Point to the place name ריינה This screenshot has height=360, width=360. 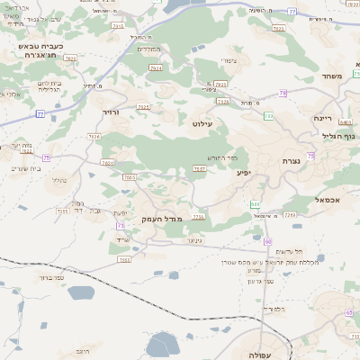tap(323, 118)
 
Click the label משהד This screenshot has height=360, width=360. tap(328, 76)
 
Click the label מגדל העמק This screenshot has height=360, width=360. tap(162, 219)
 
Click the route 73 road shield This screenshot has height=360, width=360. tap(121, 225)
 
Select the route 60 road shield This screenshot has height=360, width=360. tap(267, 242)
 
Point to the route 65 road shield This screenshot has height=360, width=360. tap(349, 312)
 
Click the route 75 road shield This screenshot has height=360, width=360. tap(45, 157)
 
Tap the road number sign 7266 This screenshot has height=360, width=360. tap(289, 215)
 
